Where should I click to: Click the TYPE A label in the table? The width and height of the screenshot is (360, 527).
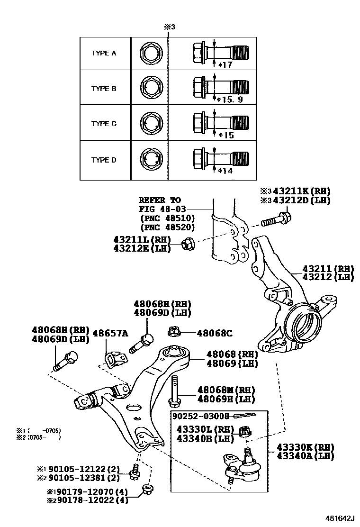pos(104,53)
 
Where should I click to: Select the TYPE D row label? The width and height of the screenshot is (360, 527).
pos(104,160)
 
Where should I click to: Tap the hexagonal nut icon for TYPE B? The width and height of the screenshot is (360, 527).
pos(152,88)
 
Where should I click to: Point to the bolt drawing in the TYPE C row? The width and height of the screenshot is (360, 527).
pos(221,123)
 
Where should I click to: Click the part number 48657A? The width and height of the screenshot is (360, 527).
pos(110,333)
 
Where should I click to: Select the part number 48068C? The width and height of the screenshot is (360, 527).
pos(215,333)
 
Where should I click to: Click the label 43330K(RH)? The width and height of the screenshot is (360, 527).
pos(303,447)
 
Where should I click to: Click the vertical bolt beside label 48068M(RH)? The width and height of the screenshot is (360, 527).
pos(174,391)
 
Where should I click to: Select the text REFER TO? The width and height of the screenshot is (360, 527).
pos(160,200)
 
